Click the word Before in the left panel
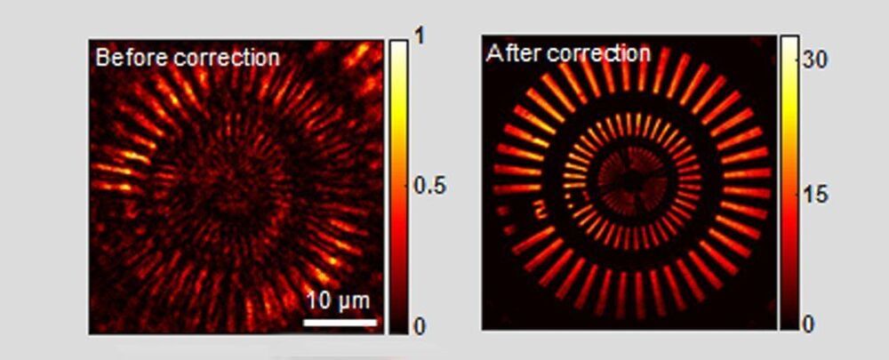point(124,59)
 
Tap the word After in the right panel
point(511,53)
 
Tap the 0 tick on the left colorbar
point(420,327)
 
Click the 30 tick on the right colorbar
point(817,60)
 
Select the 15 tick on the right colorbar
point(816,195)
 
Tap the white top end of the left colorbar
point(398,46)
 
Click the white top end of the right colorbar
point(789,43)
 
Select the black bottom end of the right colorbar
point(789,324)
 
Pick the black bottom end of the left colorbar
point(398,328)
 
